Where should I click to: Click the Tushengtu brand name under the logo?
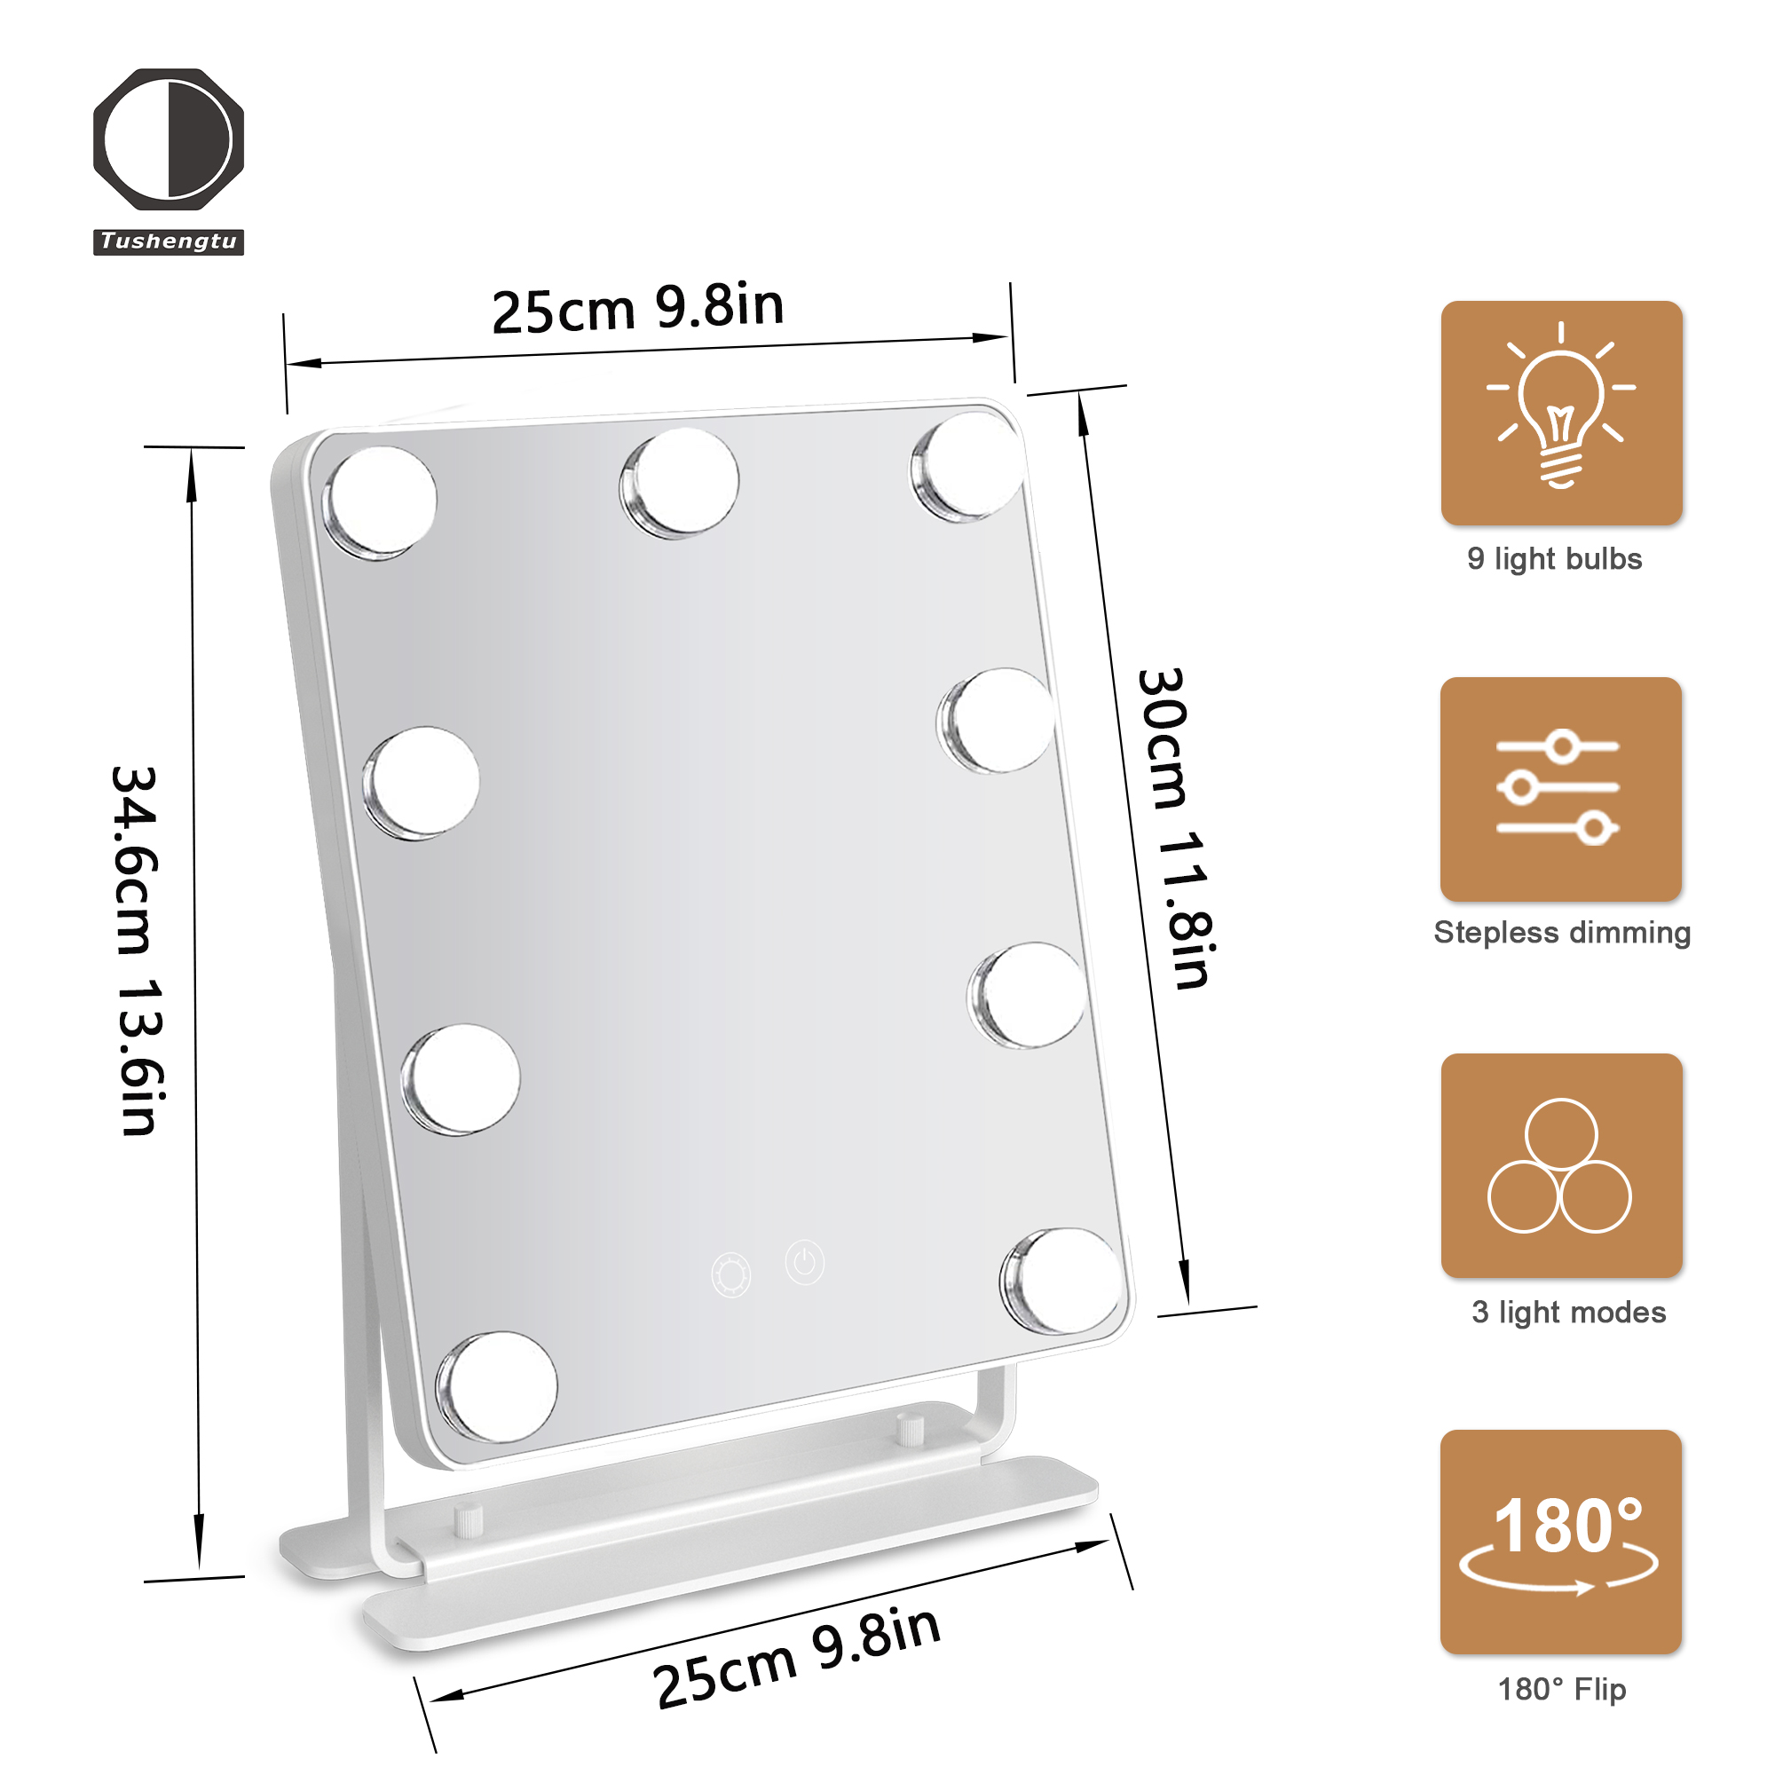pos(168,241)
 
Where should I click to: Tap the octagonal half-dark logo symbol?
pos(169,138)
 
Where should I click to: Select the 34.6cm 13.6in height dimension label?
pos(138,951)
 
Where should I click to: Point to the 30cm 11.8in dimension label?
pos(1176,829)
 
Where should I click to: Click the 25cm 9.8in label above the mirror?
pos(638,309)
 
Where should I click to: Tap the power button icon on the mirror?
pos(805,1262)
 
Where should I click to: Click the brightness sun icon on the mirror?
pos(731,1275)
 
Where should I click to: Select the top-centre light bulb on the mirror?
pos(680,482)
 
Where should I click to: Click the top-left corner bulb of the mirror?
pos(381,502)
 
